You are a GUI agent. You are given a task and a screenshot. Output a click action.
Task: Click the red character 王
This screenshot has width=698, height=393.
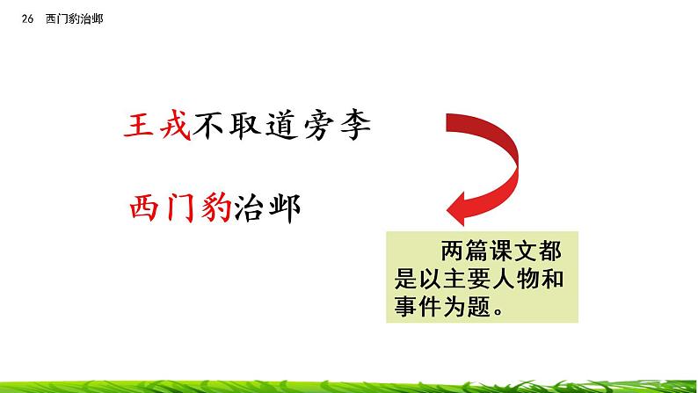(142, 129)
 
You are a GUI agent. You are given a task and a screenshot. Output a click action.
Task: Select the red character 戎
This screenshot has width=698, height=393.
(178, 129)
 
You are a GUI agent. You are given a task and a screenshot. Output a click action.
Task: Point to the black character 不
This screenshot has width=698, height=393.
(215, 129)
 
